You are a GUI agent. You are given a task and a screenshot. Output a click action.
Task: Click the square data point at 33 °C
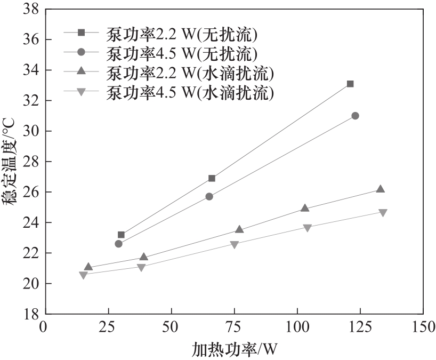coord(350,84)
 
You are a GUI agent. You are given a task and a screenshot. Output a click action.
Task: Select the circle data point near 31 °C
coord(355,116)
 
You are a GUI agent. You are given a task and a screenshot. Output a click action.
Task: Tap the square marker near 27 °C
coord(212,178)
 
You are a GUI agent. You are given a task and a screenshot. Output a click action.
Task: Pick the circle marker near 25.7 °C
coord(209,196)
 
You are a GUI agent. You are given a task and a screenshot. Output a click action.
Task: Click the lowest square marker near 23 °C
coord(121,235)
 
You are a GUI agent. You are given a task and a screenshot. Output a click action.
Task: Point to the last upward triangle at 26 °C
coord(380,189)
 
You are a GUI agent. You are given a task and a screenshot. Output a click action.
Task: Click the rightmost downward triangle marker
coord(383,212)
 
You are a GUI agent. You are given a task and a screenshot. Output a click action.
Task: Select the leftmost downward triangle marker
coord(83,275)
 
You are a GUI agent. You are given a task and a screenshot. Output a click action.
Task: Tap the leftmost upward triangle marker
coord(88,267)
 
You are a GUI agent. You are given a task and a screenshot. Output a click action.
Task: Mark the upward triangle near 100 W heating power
coord(305,208)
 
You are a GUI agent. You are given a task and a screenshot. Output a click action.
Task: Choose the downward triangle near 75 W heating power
coord(235,244)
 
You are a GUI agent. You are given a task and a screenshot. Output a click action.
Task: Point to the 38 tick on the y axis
coord(30,9)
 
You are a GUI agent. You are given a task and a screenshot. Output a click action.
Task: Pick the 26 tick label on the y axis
coord(30,191)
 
